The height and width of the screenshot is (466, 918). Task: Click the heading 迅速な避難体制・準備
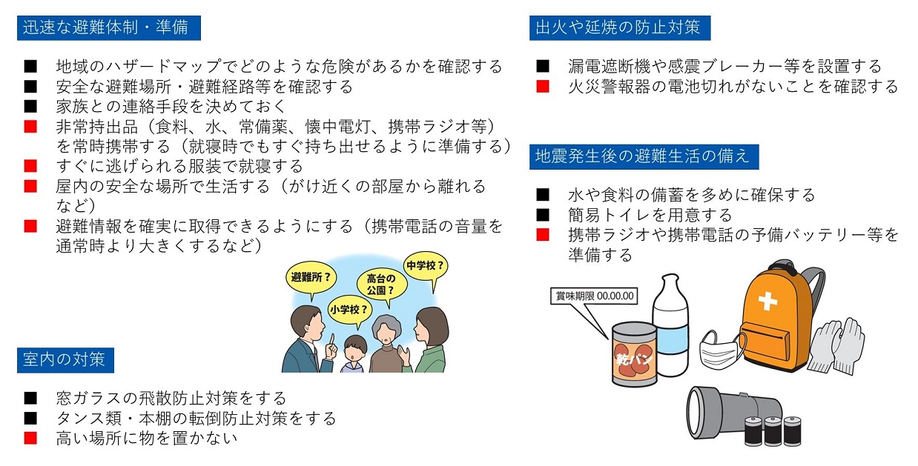tap(108, 28)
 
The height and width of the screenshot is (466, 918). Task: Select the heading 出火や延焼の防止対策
tap(620, 28)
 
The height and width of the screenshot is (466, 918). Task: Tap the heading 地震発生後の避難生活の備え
tap(644, 156)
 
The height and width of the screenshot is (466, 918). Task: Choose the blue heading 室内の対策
tap(65, 360)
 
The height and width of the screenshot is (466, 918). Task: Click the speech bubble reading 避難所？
tap(311, 279)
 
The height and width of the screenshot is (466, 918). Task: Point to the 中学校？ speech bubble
tap(426, 267)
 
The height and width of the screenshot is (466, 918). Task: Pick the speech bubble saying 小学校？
tap(349, 310)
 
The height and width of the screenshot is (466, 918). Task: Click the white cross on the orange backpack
tap(767, 301)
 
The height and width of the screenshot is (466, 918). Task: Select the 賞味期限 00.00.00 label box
tap(594, 296)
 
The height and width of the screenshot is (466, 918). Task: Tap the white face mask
tap(722, 349)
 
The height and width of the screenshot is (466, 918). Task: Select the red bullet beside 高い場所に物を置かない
tap(30, 438)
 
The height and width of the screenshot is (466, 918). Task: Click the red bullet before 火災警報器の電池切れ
tap(543, 87)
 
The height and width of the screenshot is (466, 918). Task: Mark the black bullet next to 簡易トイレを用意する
tap(543, 215)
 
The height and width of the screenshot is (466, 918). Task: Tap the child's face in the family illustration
tap(355, 351)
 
